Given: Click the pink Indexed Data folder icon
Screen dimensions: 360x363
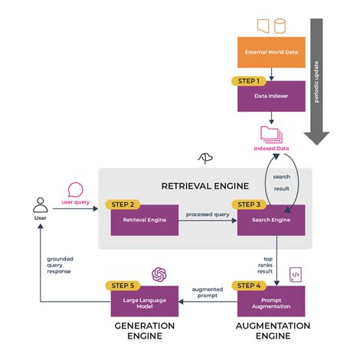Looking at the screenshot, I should (x=272, y=135).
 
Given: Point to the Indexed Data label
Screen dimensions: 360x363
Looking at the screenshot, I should (x=272, y=149).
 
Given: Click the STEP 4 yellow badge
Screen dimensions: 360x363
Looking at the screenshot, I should (x=248, y=286).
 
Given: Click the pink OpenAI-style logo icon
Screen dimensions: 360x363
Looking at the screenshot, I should (x=159, y=274).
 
